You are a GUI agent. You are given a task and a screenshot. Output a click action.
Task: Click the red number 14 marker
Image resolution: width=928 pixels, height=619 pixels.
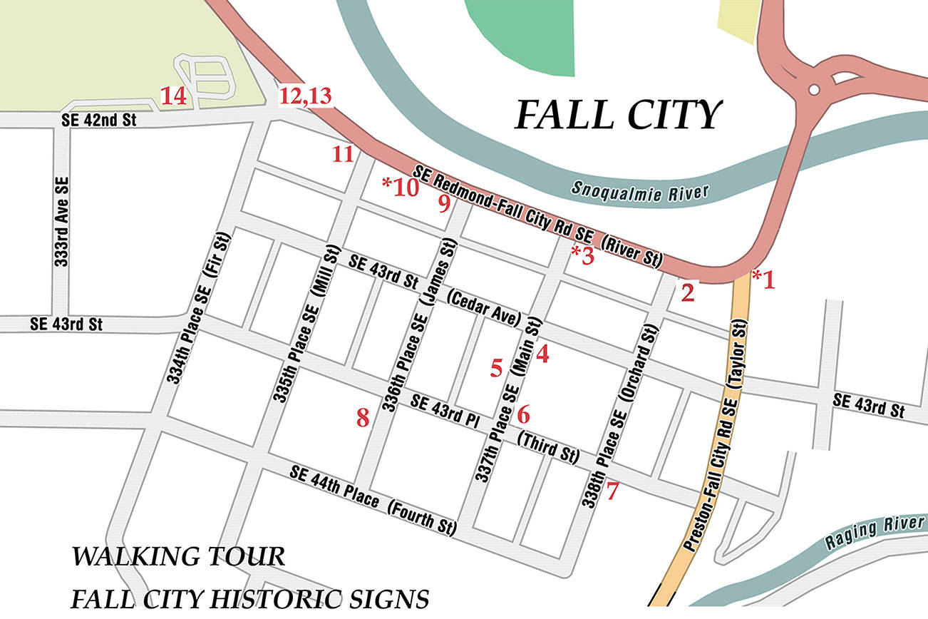[x=174, y=96]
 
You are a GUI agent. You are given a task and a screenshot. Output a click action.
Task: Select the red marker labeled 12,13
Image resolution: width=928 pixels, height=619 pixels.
[x=306, y=96]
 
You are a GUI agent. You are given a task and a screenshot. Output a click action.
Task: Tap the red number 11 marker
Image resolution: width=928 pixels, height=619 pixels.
[x=343, y=153]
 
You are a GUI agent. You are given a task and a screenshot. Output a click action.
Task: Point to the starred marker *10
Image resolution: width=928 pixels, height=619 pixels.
[x=399, y=187]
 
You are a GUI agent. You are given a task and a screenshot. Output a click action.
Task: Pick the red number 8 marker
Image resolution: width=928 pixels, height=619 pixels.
[x=363, y=417]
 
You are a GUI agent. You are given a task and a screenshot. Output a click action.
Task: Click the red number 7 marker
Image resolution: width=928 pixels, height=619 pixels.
[x=613, y=491]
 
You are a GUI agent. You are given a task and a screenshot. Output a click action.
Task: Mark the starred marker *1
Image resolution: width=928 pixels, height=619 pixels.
[x=763, y=280]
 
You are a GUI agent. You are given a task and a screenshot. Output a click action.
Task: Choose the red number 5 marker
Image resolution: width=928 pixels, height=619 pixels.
[x=497, y=367]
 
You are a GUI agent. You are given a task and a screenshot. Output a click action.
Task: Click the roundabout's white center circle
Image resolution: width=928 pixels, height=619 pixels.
[x=813, y=90]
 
